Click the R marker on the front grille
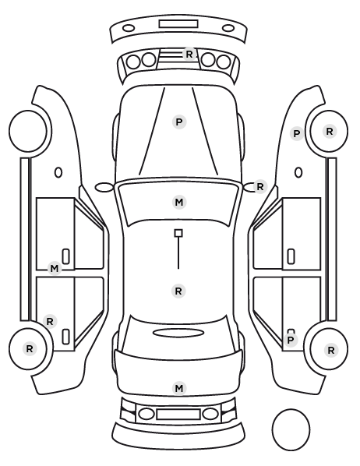click(189, 54)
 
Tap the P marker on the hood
click(179, 122)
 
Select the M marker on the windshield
click(179, 203)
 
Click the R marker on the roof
click(178, 291)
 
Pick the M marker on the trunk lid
click(179, 388)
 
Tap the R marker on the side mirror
click(260, 187)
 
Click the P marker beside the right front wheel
click(297, 134)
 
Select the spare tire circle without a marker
click(291, 429)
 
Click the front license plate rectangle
click(178, 24)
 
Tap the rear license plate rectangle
click(178, 415)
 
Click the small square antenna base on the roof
click(178, 233)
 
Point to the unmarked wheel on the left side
click(28, 131)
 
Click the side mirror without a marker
click(104, 187)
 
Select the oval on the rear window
click(178, 333)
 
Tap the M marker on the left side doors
click(55, 269)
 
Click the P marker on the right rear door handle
click(291, 340)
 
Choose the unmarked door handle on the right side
click(291, 256)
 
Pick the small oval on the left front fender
click(58, 172)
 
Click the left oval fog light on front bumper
click(129, 29)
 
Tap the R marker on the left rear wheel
click(30, 348)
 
